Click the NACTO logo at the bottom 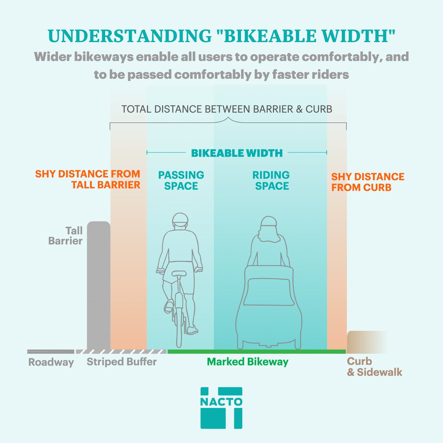tap(221, 408)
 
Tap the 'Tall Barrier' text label tap(66, 236)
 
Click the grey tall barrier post tap(99, 284)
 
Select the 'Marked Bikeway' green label tap(247, 361)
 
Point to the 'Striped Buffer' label tap(121, 361)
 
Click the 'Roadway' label tap(51, 363)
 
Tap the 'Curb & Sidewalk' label tap(374, 366)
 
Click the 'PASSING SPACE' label tap(181, 180)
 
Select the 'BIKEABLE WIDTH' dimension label tap(237, 152)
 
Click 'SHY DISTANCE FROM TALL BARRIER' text tap(88, 179)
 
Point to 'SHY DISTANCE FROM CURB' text tap(367, 182)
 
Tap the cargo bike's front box tap(269, 295)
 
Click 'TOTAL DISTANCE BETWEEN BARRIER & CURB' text tap(227, 109)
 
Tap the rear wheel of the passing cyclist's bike tap(179, 325)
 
